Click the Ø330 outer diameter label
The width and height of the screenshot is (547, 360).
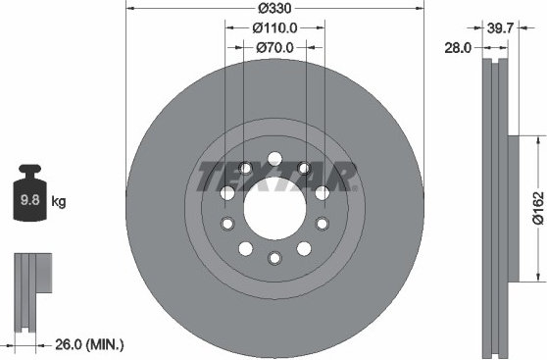[274, 8]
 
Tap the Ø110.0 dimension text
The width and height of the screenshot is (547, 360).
[274, 27]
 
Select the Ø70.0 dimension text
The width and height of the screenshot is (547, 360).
[274, 47]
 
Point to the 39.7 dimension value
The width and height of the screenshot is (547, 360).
[501, 27]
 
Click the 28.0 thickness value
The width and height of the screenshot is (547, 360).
[458, 48]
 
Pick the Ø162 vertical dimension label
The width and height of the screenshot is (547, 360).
[538, 207]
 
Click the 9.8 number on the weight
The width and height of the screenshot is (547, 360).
[30, 200]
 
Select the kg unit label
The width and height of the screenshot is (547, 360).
[59, 202]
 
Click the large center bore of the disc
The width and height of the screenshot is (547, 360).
[274, 209]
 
